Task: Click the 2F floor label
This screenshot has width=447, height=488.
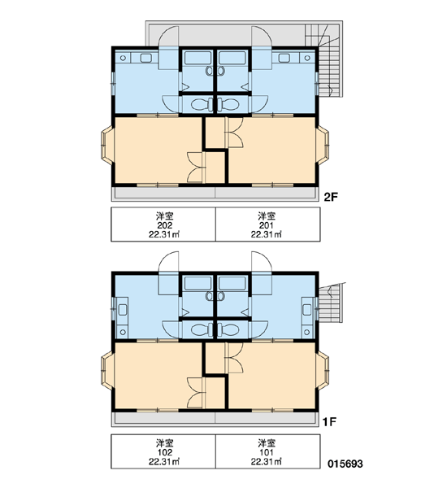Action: (331, 197)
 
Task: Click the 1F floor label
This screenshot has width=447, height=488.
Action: (330, 422)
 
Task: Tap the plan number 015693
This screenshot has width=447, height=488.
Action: (345, 464)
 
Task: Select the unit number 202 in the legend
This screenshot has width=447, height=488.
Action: (164, 225)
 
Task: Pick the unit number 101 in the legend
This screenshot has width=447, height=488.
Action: (267, 452)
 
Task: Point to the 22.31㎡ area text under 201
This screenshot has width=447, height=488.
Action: (267, 234)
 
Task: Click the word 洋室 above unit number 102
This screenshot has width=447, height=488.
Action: (164, 442)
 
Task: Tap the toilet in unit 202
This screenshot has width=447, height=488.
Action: (202, 105)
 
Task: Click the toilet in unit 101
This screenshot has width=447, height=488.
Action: (229, 329)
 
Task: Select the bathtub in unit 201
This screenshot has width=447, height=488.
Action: (232, 58)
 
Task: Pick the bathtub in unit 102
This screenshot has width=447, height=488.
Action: (197, 283)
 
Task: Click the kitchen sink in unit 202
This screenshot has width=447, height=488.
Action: (145, 58)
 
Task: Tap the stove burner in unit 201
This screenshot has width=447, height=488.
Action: (307, 58)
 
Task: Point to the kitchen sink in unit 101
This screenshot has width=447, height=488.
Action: (307, 310)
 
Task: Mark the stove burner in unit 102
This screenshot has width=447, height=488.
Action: (124, 332)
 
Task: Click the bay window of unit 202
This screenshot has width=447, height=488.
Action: (106, 146)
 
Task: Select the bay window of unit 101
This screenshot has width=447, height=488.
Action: (323, 370)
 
